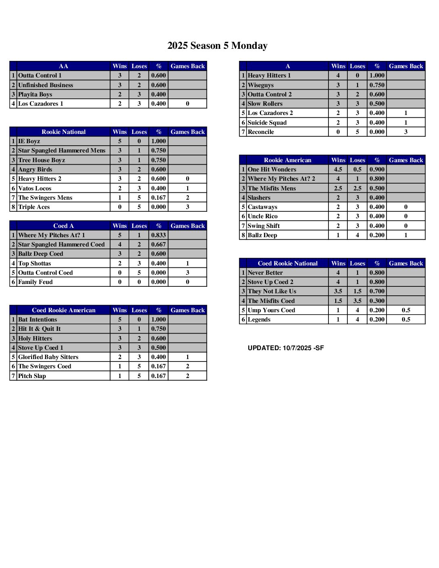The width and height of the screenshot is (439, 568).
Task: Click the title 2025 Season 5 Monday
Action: tap(217, 46)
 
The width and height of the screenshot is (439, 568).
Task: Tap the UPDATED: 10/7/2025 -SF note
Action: tap(286, 348)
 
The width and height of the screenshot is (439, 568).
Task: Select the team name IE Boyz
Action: tap(29, 141)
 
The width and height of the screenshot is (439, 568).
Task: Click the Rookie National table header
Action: tap(63, 132)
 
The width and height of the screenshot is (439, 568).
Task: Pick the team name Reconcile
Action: tap(261, 132)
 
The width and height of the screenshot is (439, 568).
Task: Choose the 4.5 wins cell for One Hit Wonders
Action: tap(338, 169)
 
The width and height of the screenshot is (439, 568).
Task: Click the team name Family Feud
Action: tap(36, 282)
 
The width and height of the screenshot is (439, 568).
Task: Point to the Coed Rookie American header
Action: tap(63, 310)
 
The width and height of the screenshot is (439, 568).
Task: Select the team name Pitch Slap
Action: tap(32, 376)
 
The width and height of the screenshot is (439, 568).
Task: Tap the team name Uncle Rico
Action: tap(263, 216)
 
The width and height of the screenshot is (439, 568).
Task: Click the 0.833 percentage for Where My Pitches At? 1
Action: tap(159, 235)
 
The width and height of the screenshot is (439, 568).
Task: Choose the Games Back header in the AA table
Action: tap(188, 66)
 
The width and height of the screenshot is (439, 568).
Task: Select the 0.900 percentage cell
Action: tap(377, 169)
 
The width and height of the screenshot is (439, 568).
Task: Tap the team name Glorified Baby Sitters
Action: tap(48, 357)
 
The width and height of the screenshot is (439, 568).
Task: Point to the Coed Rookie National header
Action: tap(288, 263)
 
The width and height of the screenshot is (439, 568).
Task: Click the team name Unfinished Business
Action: tap(46, 85)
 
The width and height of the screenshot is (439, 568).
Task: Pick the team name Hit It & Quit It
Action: tap(40, 329)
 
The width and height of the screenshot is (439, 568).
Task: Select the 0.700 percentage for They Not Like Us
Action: tap(377, 291)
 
